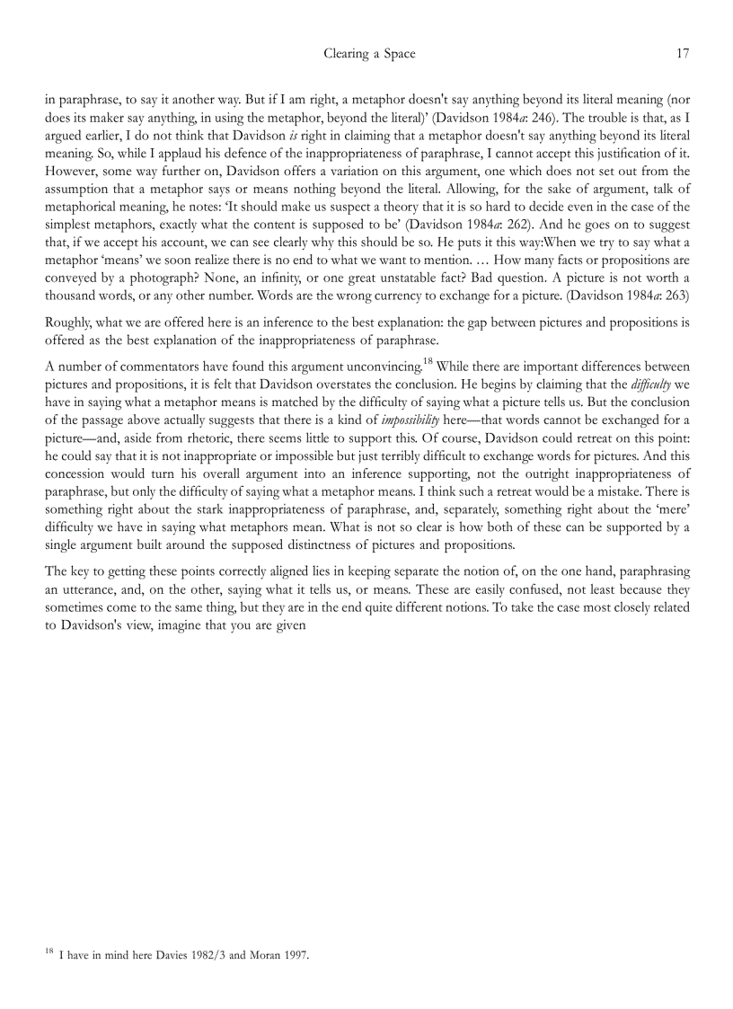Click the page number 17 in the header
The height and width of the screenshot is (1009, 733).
[682, 54]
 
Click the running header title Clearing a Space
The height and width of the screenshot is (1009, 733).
[369, 54]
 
